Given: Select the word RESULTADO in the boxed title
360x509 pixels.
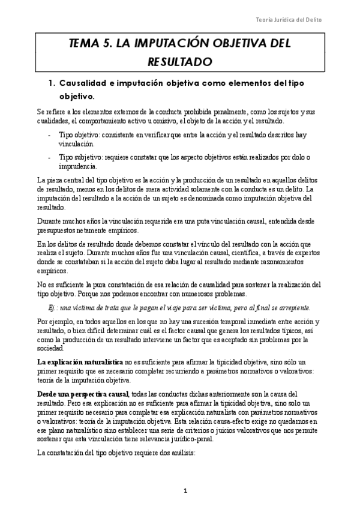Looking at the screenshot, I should tap(180, 61).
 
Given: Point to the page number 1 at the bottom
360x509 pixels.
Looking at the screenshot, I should tap(187, 490).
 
